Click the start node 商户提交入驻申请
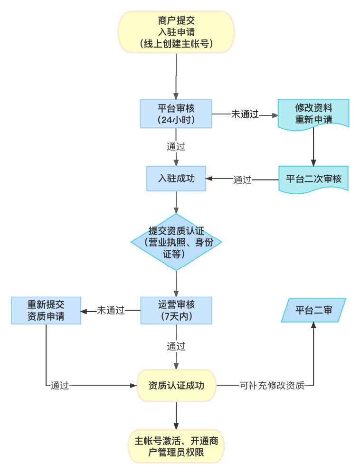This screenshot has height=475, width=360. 176,32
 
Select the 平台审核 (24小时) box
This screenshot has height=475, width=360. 176,114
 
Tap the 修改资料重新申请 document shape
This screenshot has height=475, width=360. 313,114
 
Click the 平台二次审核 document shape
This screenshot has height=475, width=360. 313,179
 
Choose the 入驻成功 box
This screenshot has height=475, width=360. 176,179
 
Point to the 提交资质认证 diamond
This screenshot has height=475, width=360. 176,242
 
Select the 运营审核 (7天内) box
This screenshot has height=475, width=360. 176,311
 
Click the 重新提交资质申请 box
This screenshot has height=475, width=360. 46,311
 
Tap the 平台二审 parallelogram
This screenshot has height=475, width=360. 313,311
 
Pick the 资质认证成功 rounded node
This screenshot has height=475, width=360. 176,385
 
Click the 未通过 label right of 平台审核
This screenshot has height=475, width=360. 245,114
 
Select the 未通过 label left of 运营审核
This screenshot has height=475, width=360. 111,311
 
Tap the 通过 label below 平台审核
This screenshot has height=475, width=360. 176,147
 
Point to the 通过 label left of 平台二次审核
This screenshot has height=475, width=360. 242,180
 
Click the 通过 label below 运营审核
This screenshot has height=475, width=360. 176,346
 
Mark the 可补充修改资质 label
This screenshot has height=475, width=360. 272,386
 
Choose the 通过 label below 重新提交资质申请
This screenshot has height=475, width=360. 60,386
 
